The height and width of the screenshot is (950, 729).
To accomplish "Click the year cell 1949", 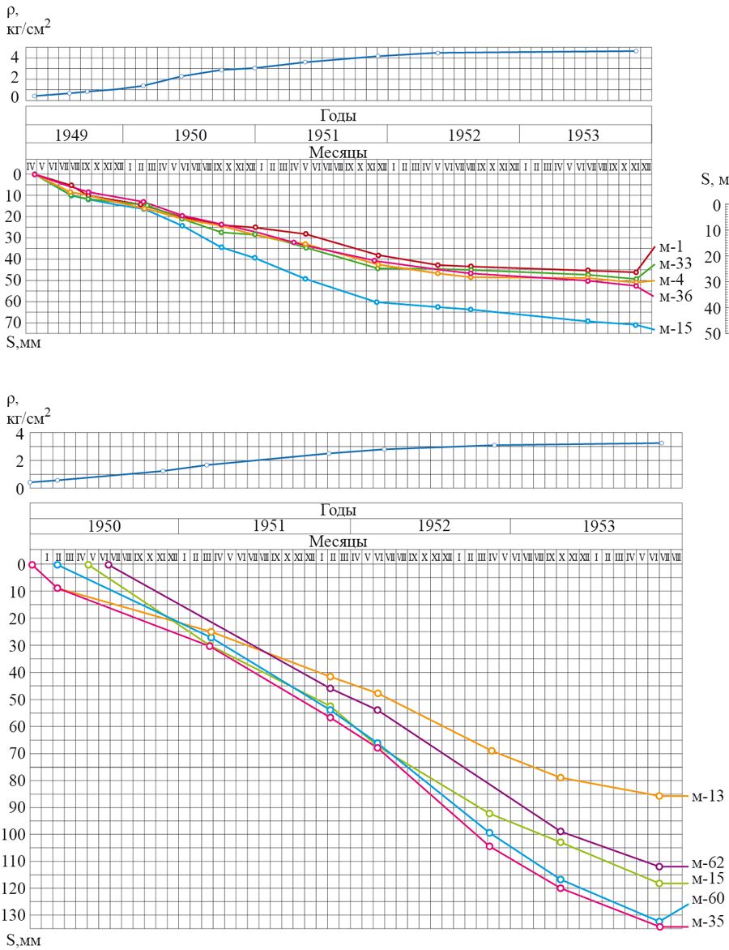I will coord(74,135).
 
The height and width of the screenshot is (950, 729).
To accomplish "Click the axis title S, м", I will coord(714,178).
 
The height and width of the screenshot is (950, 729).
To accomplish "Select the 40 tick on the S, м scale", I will coord(713,308).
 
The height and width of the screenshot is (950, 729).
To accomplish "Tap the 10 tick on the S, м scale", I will coord(713,231).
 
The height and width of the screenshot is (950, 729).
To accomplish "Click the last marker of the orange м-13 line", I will coord(659,796).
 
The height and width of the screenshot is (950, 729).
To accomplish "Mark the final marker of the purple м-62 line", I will coord(659,867).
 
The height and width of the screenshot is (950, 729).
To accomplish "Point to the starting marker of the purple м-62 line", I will coord(109,565).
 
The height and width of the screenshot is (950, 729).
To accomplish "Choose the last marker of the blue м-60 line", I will coord(659,922).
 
